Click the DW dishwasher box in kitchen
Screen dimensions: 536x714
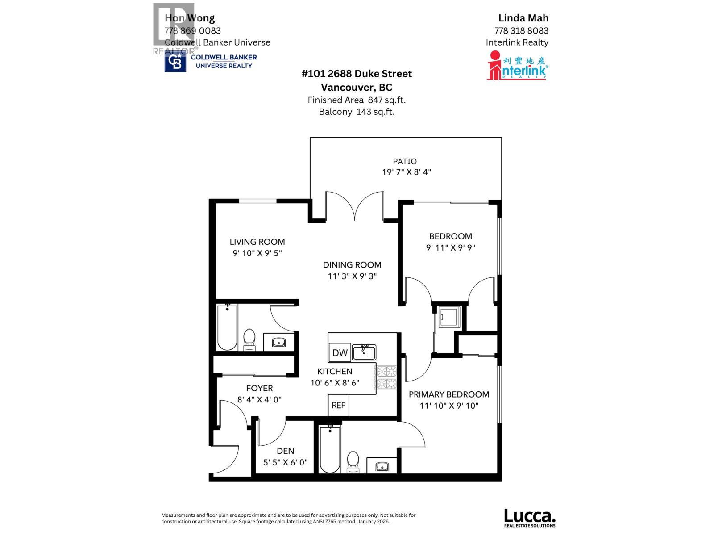coord(340,352)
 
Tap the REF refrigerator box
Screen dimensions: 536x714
coord(338,405)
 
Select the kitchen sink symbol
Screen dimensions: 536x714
coord(364,352)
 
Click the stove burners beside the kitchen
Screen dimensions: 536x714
coord(386,378)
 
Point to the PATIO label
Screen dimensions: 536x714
coord(405,161)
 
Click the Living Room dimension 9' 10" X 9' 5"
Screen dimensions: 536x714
coord(257,253)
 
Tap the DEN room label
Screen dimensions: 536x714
coord(285,451)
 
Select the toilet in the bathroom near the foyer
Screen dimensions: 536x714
coord(249,339)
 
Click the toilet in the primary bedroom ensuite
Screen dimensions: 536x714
coord(353,462)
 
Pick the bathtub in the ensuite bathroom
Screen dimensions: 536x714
coord(330,449)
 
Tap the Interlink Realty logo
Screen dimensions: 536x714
coord(517,65)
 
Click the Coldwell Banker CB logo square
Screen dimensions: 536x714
coord(175,62)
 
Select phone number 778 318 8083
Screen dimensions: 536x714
coord(521,30)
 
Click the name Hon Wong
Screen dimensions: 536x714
coord(190,18)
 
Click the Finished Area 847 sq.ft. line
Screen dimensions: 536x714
coord(357,100)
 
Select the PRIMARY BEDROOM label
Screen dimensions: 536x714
coord(449,394)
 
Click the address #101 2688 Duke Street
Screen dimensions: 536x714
coord(357,74)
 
